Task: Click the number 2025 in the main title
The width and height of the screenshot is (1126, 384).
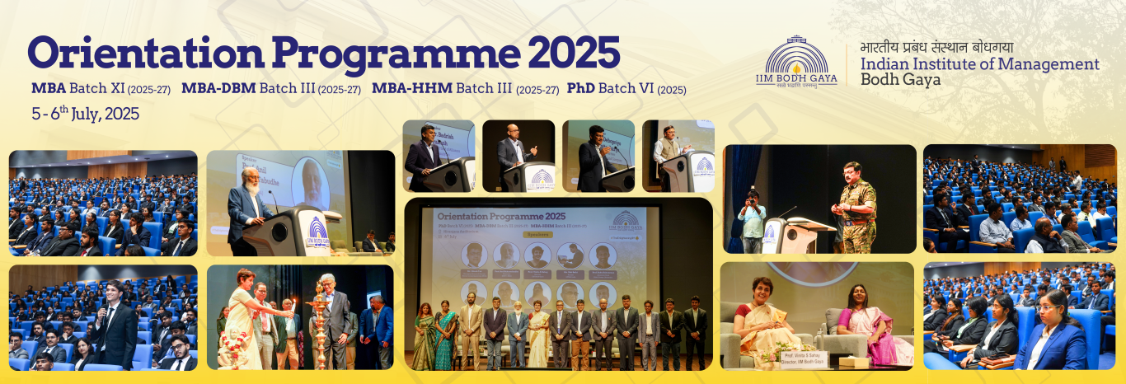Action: pos(574,53)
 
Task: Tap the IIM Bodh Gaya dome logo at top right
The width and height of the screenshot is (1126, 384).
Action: pos(795,61)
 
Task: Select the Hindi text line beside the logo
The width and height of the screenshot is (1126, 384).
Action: pos(936,47)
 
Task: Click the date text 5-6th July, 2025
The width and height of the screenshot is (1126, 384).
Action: pos(85,115)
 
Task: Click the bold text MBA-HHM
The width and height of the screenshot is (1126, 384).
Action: pos(411,88)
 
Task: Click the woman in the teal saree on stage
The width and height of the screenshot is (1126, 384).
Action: pos(445,334)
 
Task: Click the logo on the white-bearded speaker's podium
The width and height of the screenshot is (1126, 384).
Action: pos(317,232)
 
